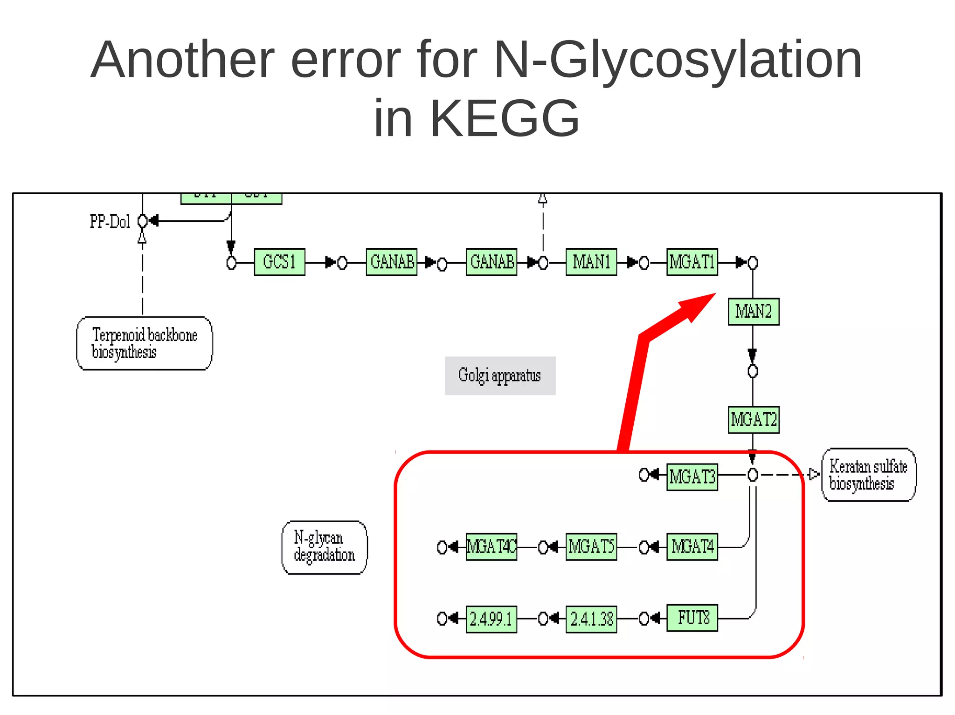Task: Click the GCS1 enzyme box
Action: [x=279, y=262]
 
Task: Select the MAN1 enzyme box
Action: [x=591, y=262]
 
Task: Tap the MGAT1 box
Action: [x=692, y=262]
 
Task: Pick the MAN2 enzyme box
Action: [x=753, y=312]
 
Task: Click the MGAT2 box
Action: [x=753, y=420]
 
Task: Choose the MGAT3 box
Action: [x=692, y=477]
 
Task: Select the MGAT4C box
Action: [x=491, y=546]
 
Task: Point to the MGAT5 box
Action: [x=591, y=546]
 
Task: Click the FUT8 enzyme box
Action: [x=692, y=618]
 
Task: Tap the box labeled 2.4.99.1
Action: [x=491, y=619]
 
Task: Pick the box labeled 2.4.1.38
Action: [x=591, y=619]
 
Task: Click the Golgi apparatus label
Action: [x=500, y=375]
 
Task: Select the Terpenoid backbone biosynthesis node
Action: [x=144, y=343]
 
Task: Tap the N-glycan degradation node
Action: [x=324, y=547]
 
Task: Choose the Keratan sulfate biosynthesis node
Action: [x=868, y=475]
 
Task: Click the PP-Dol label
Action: [x=110, y=222]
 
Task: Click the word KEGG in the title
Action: [x=505, y=118]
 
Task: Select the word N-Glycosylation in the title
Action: [x=677, y=60]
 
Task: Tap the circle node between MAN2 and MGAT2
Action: [x=752, y=371]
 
